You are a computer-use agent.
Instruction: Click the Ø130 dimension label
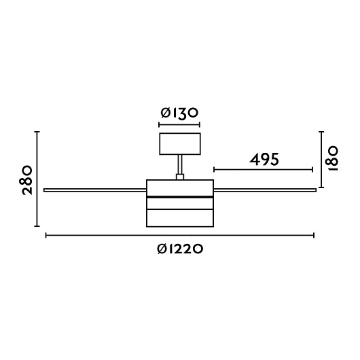coord(179,113)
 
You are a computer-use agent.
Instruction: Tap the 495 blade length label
coord(264,159)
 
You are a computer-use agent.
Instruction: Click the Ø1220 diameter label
coord(180,249)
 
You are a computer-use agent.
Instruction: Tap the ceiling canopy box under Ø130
coord(180,144)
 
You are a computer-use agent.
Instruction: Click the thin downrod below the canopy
coord(180,164)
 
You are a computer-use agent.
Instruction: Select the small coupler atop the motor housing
coord(180,177)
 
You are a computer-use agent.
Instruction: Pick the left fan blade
coord(95,190)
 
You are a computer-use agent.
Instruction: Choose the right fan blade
coord(265,190)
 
